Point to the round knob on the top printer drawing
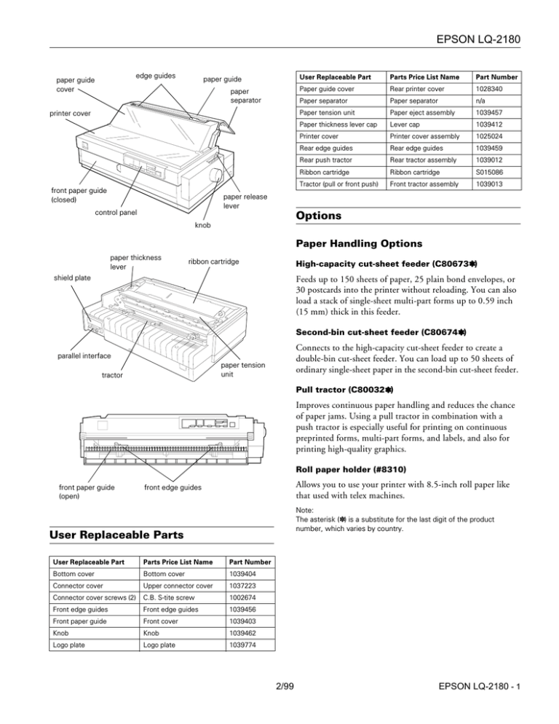click(216, 175)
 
